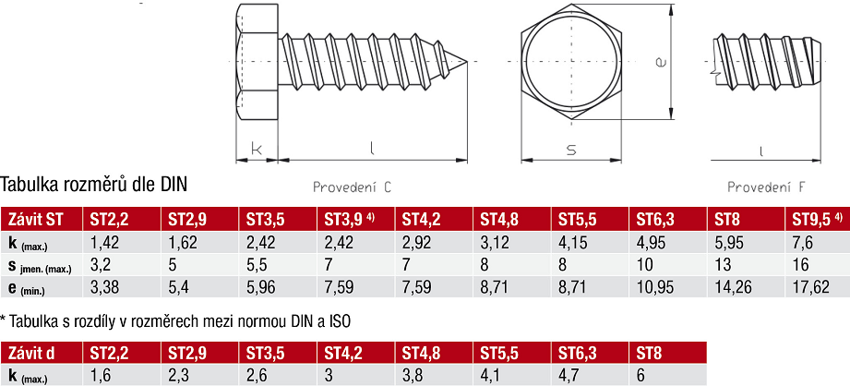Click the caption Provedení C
[352, 187]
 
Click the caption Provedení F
[766, 187]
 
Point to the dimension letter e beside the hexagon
[660, 63]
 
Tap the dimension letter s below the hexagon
[571, 150]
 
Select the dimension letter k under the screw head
[257, 150]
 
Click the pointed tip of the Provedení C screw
[467, 61]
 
